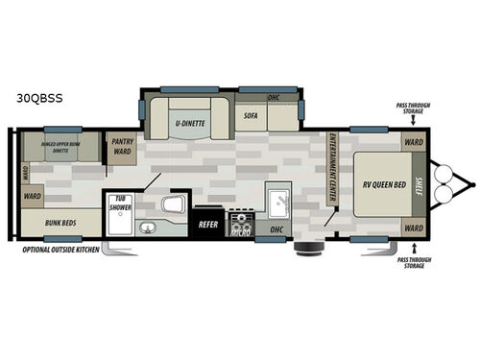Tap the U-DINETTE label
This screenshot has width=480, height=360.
point(192,123)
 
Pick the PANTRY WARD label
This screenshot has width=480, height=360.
point(123,146)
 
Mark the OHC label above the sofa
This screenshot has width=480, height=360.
point(273,97)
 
